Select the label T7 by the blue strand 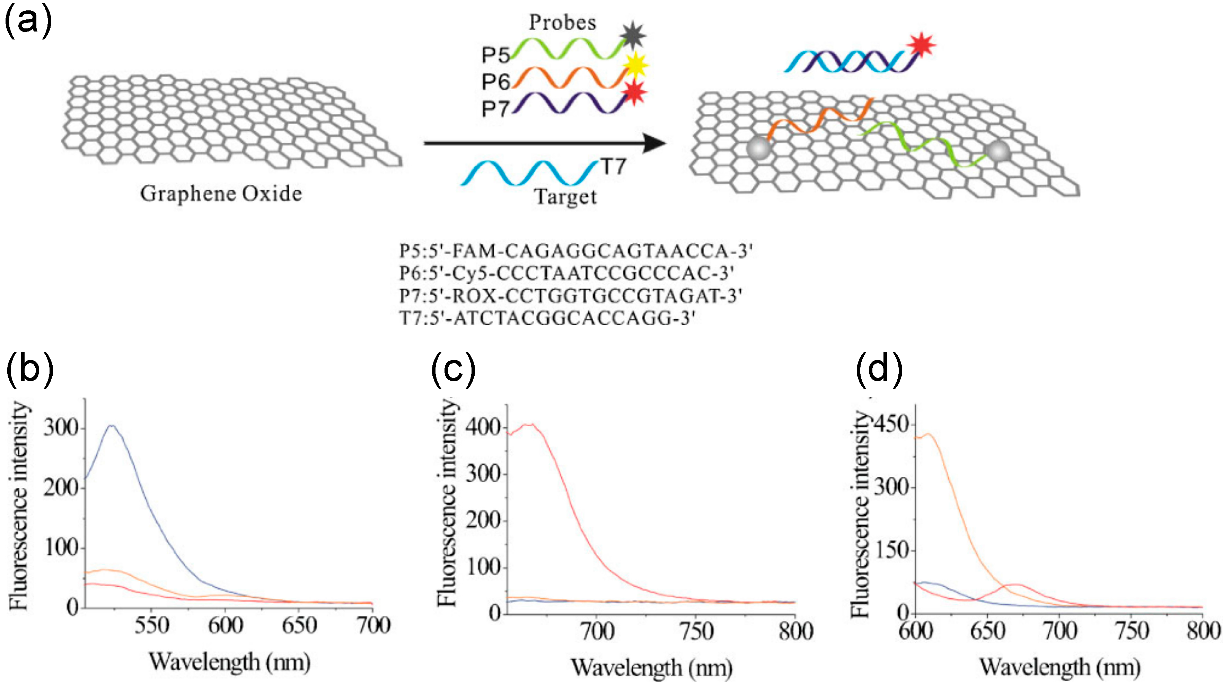613,167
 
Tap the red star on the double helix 921,45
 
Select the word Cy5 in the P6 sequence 469,273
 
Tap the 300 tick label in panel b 60,428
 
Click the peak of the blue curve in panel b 112,426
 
